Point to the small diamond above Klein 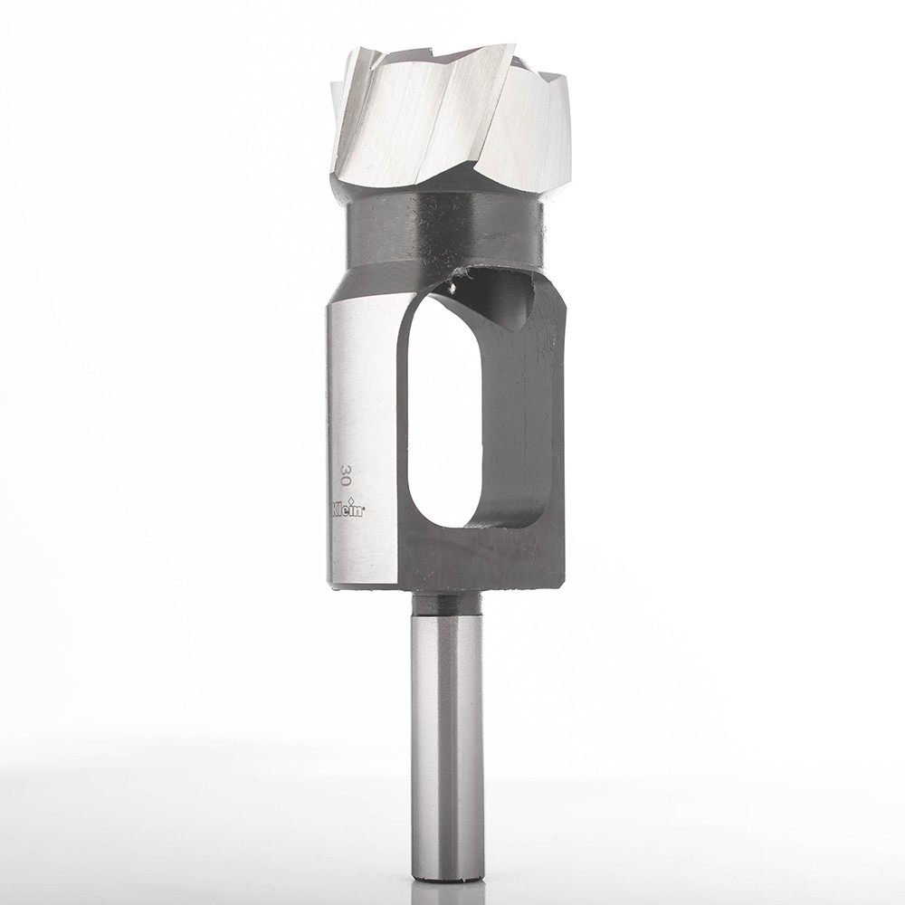[352, 494]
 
